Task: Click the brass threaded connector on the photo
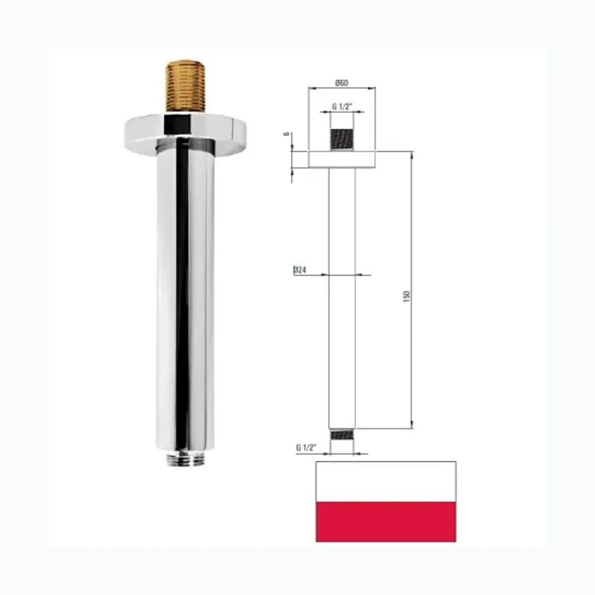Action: point(185,86)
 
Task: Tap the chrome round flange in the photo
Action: point(185,135)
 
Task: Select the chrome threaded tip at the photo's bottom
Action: point(185,458)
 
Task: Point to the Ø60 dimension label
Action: point(342,83)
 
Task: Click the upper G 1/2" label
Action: point(342,107)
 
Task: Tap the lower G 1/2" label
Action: point(306,448)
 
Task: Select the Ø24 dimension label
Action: point(300,270)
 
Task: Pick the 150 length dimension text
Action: point(407,296)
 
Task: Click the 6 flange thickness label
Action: point(287,134)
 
